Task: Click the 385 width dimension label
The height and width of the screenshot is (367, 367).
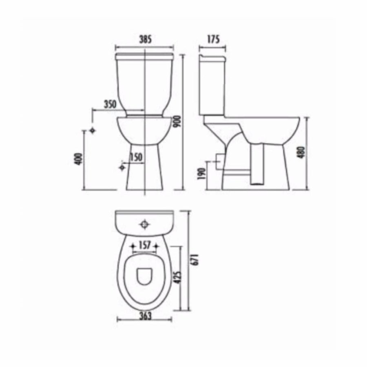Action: pos(145,40)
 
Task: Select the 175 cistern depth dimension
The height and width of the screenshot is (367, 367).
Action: pos(213,40)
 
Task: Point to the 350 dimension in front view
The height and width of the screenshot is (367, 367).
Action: pos(110,104)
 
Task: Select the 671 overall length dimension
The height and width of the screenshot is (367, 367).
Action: pos(195,260)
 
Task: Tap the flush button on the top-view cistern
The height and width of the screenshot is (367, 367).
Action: pos(144,224)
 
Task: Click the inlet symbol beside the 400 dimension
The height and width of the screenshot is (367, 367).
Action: pos(93,130)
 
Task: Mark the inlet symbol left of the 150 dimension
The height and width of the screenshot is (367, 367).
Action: pos(122,167)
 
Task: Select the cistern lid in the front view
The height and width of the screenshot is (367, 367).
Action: pos(145,55)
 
